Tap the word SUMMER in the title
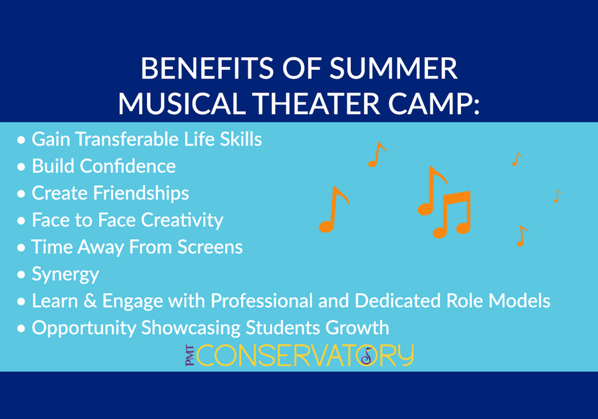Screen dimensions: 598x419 tap(393, 69)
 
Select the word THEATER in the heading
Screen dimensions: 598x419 tap(316, 103)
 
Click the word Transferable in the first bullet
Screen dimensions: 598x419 tap(128, 139)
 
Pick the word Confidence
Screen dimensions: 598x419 tap(128, 166)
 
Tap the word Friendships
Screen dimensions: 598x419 tap(141, 193)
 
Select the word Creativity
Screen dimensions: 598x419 tap(182, 220)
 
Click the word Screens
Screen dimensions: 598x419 tap(210, 247)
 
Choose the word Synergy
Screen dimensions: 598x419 tap(65, 275)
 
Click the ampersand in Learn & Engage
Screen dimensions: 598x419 tap(90, 301)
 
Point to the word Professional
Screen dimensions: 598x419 tap(262, 301)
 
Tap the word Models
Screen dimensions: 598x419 tap(520, 301)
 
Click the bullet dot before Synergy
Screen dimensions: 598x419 tap(21, 275)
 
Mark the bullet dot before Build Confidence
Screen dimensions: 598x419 tap(21, 167)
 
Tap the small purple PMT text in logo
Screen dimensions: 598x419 tap(189, 356)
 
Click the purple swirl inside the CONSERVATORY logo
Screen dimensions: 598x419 tap(367, 356)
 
